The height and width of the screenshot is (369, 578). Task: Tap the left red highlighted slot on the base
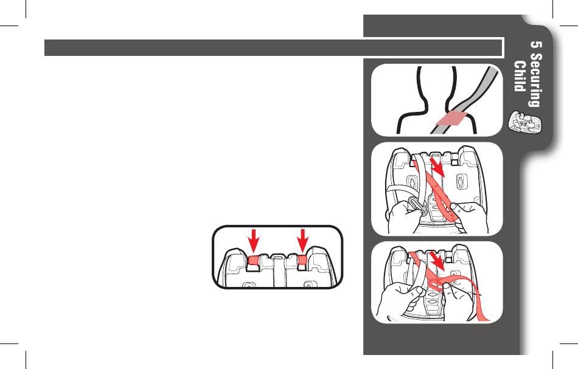click(x=254, y=260)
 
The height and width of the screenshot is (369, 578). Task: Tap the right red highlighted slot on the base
click(x=302, y=260)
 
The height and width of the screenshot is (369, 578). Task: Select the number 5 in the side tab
click(x=536, y=45)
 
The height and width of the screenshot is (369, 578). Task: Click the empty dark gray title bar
click(x=274, y=47)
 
